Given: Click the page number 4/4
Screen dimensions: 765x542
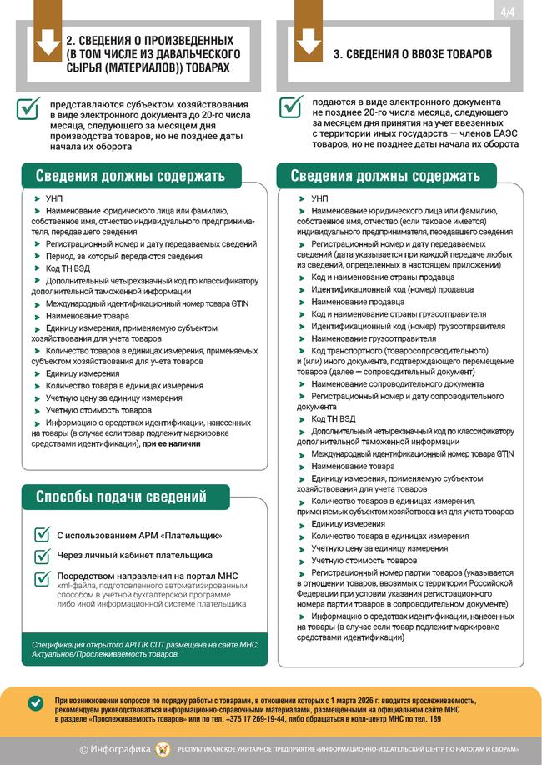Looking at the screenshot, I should click(506, 11).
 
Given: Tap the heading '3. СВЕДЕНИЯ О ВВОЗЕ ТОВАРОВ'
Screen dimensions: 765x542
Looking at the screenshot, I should click(412, 53).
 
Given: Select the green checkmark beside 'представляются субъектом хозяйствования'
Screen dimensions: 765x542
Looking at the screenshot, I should click(29, 107).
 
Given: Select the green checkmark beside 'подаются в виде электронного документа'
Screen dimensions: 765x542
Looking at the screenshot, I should click(291, 107).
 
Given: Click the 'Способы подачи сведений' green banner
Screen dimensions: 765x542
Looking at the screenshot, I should click(121, 497).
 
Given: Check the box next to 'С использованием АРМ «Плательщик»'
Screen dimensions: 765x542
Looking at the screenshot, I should click(42, 534).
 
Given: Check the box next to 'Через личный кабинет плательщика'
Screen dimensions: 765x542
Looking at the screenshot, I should click(42, 556).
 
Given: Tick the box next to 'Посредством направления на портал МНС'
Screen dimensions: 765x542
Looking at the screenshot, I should click(42, 578).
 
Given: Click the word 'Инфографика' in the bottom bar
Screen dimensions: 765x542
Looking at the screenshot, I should click(121, 749).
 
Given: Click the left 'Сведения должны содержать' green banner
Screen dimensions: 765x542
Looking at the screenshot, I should click(129, 176).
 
